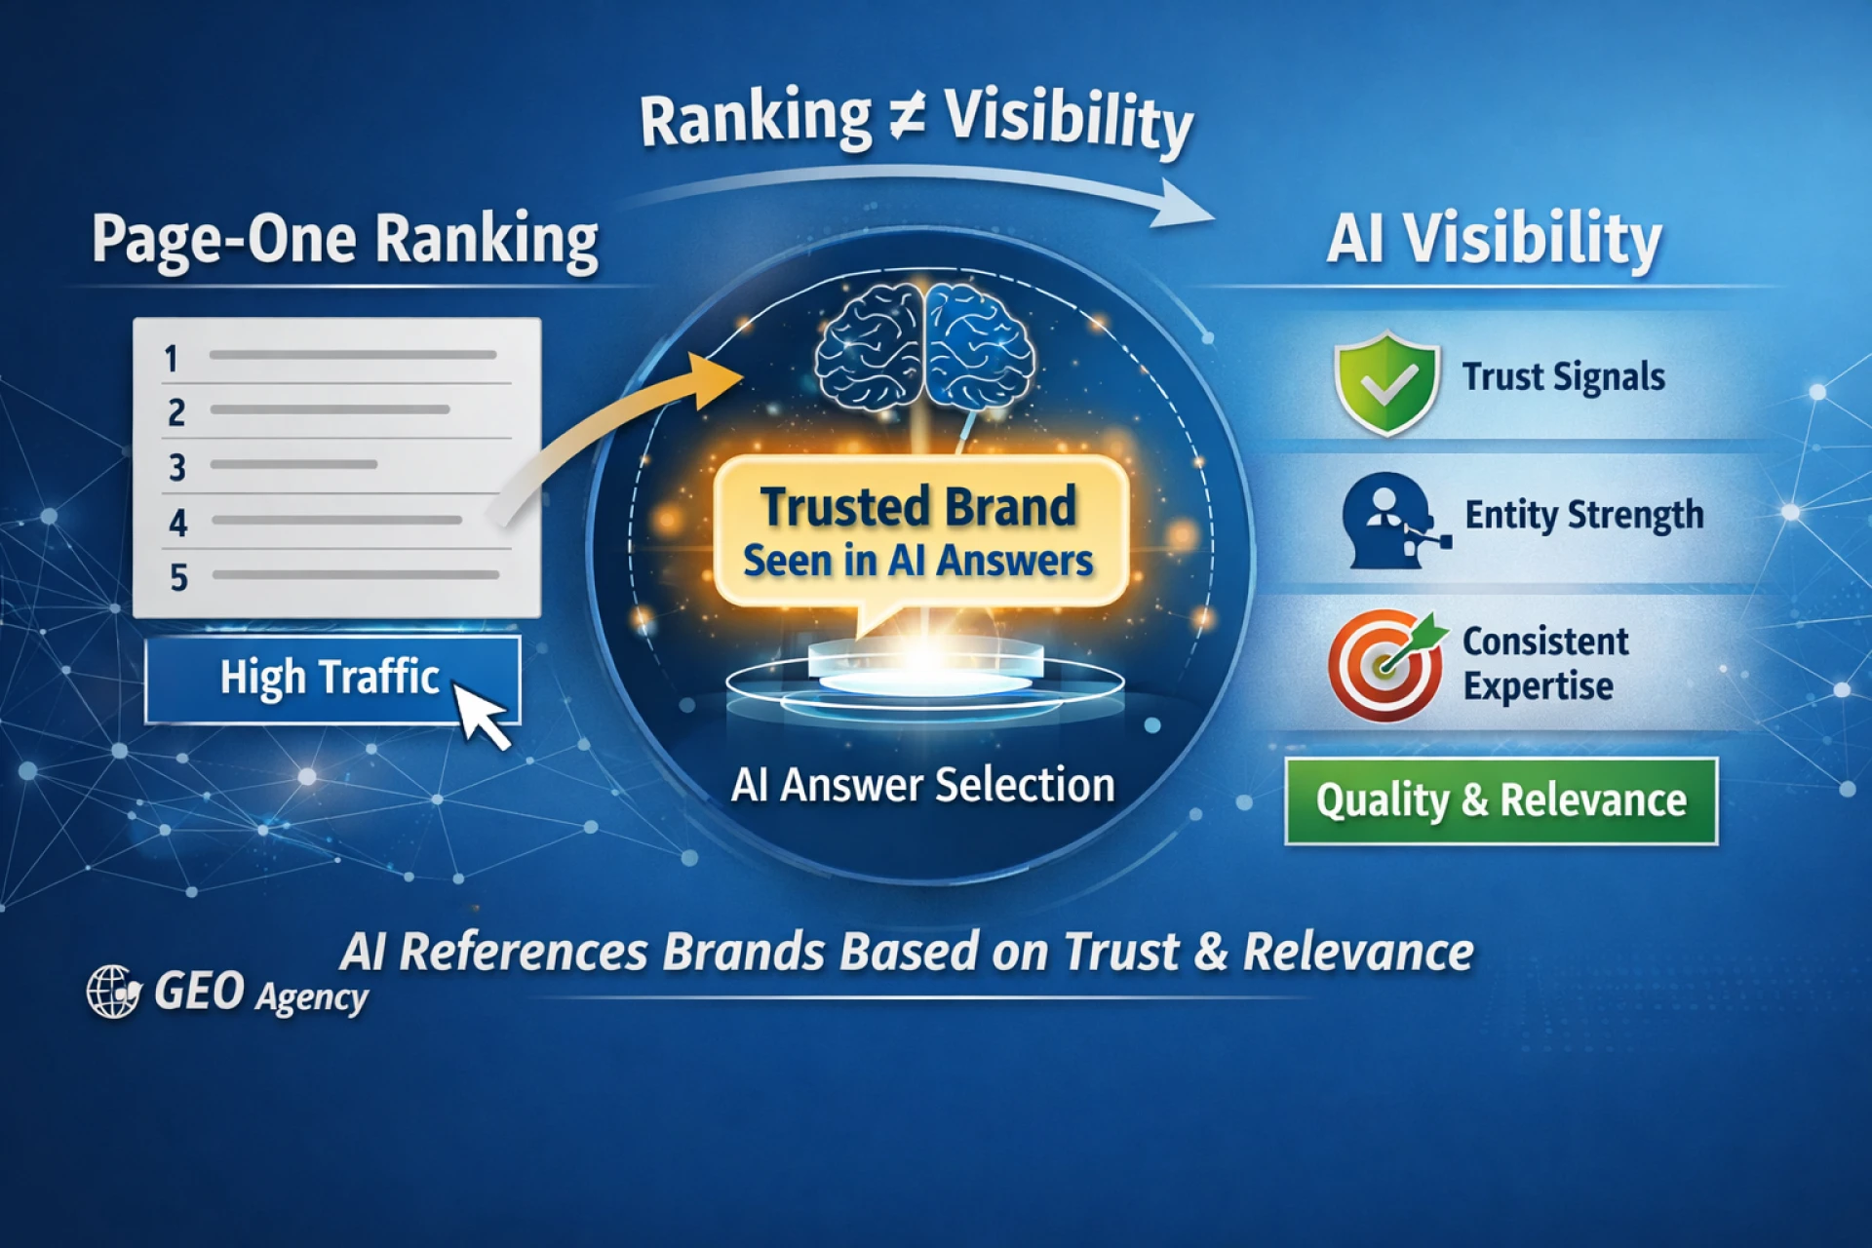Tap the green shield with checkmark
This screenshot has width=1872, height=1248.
1386,382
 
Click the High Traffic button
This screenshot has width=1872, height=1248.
332,680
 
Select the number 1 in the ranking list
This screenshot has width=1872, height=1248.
172,359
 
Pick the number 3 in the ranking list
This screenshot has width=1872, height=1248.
176,468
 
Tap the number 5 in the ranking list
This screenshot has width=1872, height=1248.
178,577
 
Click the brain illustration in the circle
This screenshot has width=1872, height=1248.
923,344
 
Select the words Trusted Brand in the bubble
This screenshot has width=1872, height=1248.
918,507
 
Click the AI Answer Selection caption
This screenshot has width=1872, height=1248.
922,785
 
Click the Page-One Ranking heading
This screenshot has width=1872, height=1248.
345,240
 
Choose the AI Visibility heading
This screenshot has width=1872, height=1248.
1494,240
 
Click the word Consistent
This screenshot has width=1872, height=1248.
1545,642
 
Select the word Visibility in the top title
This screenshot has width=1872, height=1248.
1070,122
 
